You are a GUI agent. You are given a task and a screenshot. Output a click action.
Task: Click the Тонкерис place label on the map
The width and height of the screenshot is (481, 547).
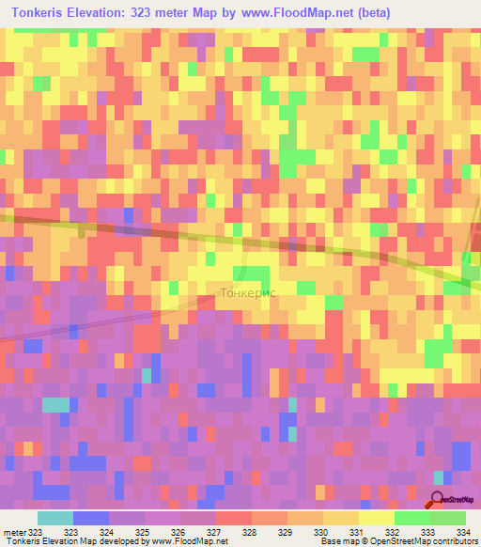coord(246,291)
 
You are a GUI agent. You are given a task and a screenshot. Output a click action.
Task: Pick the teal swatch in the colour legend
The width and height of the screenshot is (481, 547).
coord(55,518)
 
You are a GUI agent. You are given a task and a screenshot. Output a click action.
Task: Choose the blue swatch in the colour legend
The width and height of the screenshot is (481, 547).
coord(91,518)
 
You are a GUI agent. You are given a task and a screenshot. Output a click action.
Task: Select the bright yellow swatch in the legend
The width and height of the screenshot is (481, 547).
coord(377,518)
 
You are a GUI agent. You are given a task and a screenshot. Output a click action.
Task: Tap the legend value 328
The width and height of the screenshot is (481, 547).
coord(250,532)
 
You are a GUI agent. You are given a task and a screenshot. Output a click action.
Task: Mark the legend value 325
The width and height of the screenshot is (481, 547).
coord(143,532)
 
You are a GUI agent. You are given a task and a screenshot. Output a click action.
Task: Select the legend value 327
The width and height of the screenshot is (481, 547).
coord(214,532)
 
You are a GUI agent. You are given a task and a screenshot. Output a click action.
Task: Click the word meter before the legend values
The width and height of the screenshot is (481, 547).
coord(15,532)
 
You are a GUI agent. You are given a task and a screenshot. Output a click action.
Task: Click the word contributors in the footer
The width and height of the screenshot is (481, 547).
coord(455,541)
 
